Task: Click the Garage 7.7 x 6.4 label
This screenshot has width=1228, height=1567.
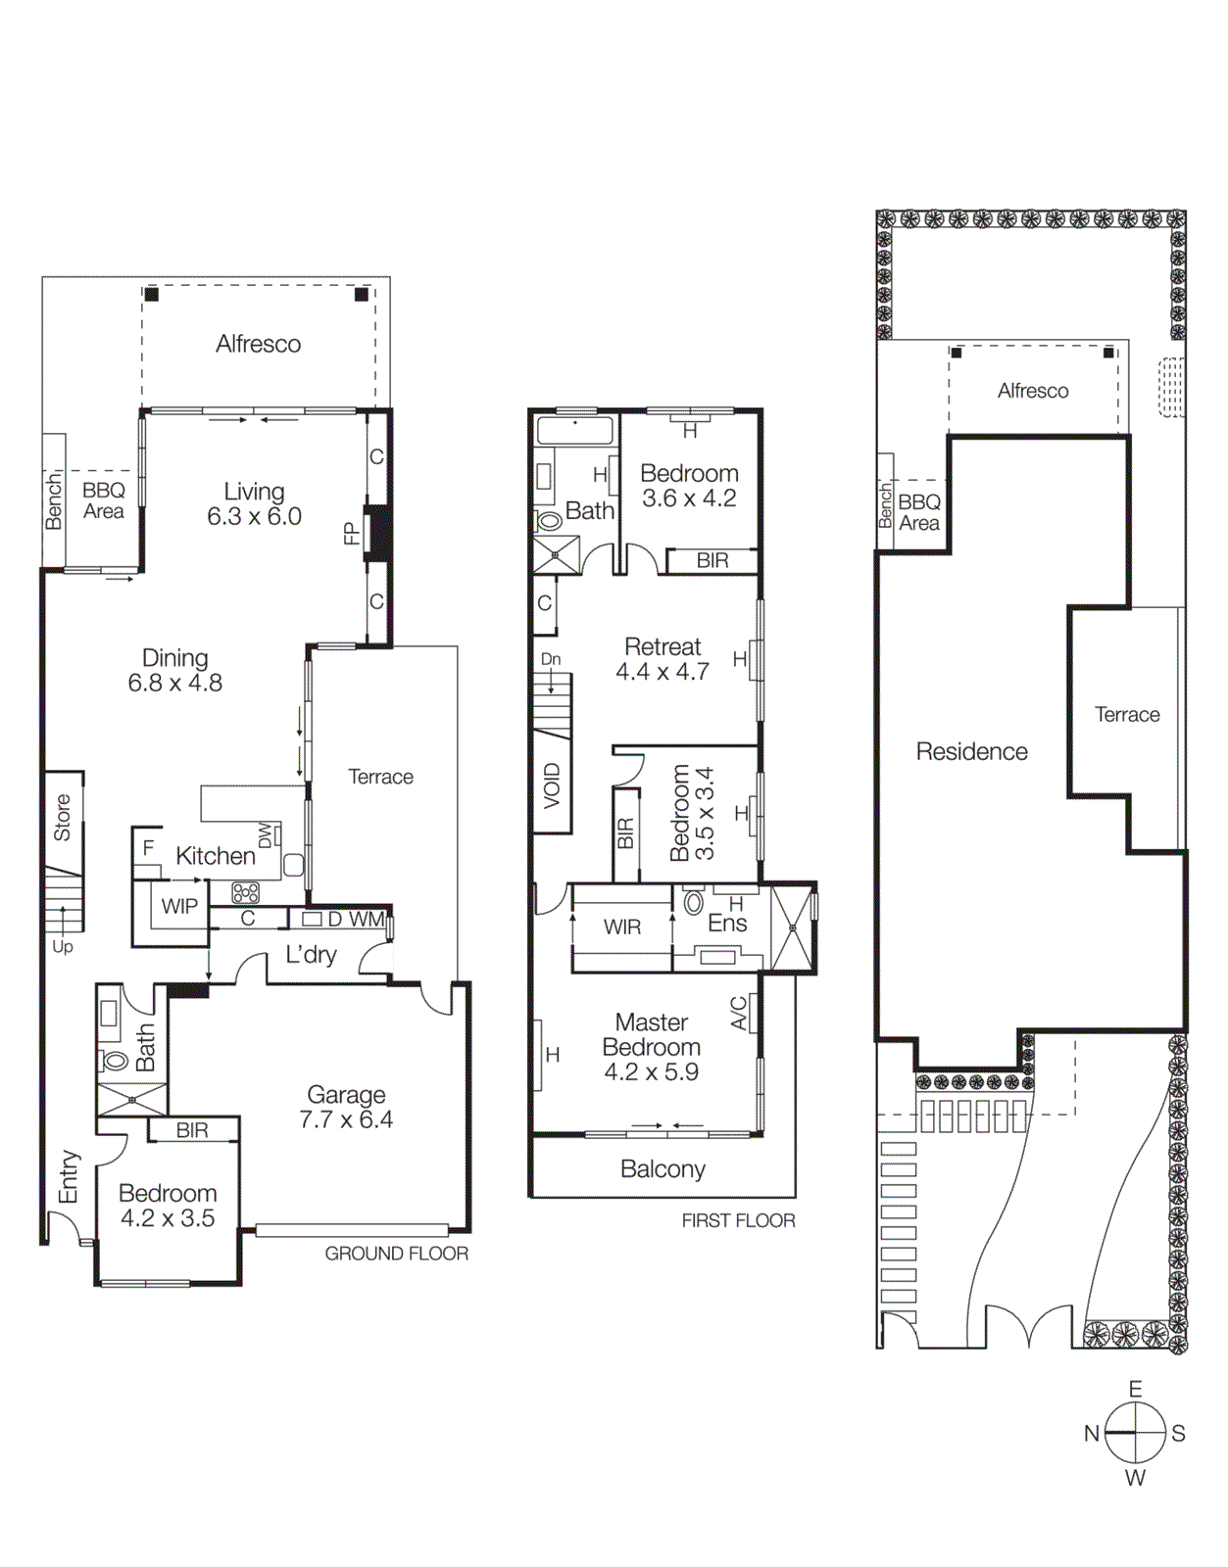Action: point(346,1107)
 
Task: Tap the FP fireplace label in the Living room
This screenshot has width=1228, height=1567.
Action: point(351,534)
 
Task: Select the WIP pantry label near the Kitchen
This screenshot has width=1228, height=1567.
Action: point(179,906)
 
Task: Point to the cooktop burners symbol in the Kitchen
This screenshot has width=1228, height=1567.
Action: point(245,892)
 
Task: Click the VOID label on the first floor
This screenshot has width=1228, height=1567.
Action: point(552,785)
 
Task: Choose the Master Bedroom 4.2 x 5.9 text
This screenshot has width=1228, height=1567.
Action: point(651,1047)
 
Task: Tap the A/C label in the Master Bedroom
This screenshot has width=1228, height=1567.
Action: point(739,1014)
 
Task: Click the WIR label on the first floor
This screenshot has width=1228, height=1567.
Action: point(621,926)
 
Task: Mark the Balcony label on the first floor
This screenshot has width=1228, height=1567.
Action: point(663,1168)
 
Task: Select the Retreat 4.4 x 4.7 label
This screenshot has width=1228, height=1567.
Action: point(663,659)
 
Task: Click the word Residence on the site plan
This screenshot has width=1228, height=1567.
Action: point(971,751)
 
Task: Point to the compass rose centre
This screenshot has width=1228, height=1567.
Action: point(1135,1433)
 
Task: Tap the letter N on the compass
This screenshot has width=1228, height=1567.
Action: point(1092,1434)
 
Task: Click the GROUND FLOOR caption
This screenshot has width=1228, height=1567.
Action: point(396,1254)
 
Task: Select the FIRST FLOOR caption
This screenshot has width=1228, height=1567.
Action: point(738,1220)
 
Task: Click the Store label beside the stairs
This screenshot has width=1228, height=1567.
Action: point(62,818)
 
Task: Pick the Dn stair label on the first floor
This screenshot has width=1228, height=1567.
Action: point(551,659)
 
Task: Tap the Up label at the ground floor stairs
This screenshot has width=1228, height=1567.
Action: point(63,947)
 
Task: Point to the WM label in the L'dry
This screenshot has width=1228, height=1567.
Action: point(367,920)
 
